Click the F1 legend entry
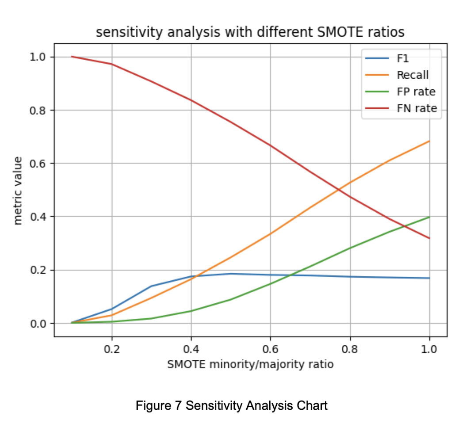point(387,58)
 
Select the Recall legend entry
point(397,75)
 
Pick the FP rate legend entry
point(400,91)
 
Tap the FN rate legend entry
point(401,108)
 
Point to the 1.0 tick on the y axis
point(38,57)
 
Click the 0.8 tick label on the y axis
point(38,110)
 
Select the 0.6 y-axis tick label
point(38,164)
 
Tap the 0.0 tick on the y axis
point(38,323)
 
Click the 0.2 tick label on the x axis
point(112,349)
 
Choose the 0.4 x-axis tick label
point(191,349)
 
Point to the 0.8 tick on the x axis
point(350,349)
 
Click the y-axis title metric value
point(18,191)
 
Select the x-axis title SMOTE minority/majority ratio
point(251,364)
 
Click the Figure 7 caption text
point(232,406)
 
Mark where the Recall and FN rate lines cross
point(338,189)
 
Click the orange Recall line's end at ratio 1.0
point(429,141)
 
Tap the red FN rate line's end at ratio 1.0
point(429,238)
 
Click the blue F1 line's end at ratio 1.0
point(429,278)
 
